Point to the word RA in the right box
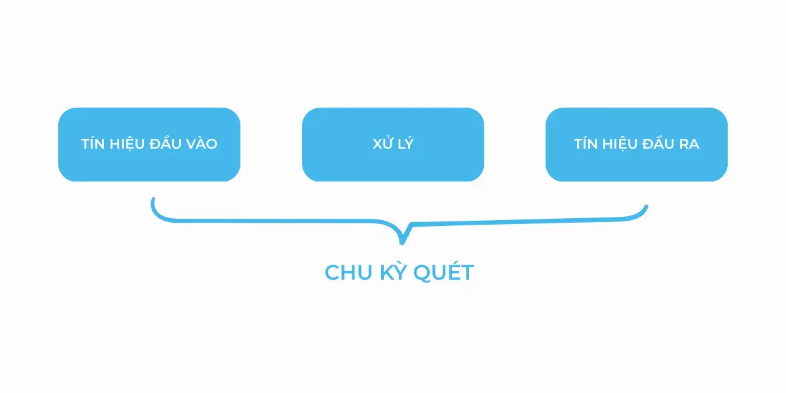click(688, 144)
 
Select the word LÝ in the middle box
click(405, 144)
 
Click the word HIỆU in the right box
click(618, 144)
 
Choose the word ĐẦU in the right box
click(657, 144)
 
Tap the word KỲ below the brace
click(389, 272)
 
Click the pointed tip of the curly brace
click(402, 242)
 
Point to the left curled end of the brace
click(153, 200)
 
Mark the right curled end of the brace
click(646, 208)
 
